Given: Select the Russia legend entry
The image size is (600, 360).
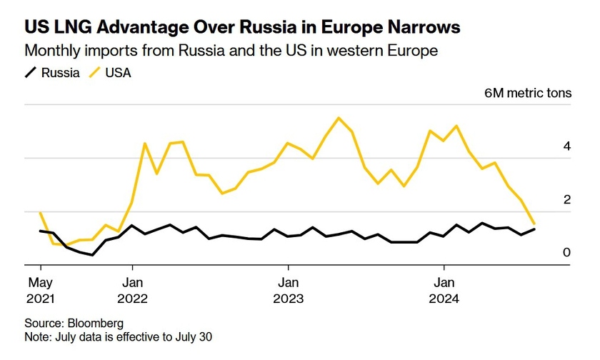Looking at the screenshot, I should [x=60, y=72].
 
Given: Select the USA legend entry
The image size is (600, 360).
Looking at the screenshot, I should [x=119, y=72].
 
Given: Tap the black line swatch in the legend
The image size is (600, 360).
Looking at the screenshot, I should [x=31, y=72].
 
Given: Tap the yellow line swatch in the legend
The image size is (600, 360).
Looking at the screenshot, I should [x=95, y=72].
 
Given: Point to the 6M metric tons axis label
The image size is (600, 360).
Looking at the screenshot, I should [x=527, y=94].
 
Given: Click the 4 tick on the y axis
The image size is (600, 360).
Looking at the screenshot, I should [x=566, y=146].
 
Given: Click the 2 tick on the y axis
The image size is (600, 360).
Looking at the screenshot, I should [x=566, y=200].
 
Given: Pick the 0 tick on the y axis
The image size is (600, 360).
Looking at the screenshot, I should [x=566, y=253].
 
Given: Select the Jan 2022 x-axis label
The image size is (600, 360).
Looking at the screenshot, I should [x=131, y=289].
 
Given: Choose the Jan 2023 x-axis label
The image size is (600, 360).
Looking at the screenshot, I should [x=288, y=289].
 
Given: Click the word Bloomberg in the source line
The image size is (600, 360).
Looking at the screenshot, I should [x=96, y=323].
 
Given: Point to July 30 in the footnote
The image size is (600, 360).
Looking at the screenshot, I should [x=193, y=336].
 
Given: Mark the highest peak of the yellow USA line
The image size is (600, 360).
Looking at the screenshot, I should [x=339, y=118].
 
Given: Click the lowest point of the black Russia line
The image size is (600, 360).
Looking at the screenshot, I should [x=93, y=255].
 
